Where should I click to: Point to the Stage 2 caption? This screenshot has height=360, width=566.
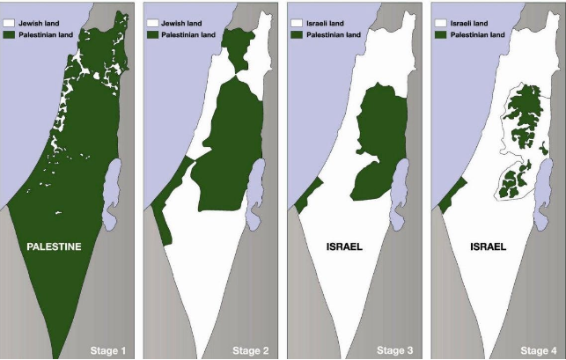point(253,351)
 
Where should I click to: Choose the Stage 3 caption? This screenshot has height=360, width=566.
point(395,351)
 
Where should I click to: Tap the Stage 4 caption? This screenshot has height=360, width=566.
point(538,351)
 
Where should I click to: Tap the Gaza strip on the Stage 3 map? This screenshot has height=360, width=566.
point(301,201)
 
